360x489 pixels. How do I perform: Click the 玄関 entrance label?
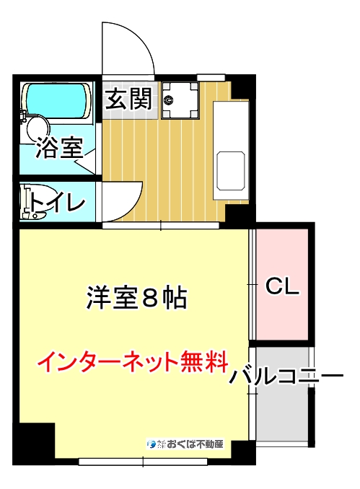click(x=130, y=100)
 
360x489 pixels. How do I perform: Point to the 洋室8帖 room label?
click(x=137, y=297)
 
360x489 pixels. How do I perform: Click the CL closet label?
click(x=282, y=286)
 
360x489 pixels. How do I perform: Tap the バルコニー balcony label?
click(x=285, y=377)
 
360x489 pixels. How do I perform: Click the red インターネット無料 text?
click(x=132, y=361)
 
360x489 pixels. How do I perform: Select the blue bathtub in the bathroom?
click(x=56, y=102)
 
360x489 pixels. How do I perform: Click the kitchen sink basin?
click(x=231, y=170)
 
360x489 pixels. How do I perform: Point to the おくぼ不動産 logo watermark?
click(x=186, y=443)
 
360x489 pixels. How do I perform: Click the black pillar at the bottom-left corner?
click(x=34, y=440)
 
